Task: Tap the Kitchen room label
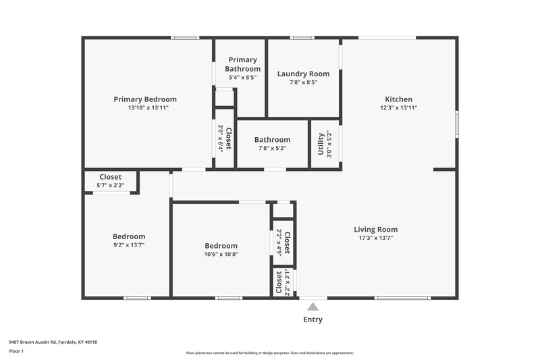coord(398,99)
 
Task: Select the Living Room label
coord(376,229)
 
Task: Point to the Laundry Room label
coord(303,74)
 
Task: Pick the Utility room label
coord(321,143)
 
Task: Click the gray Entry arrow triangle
coord(313,307)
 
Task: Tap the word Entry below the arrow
coord(313,319)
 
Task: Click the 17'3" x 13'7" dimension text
coord(376,238)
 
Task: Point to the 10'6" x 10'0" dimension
coord(221,254)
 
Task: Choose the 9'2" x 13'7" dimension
coord(128,245)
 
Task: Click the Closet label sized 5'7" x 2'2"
coord(111,177)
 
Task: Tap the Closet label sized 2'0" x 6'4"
coord(229,138)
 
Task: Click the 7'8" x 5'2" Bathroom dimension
coord(272,149)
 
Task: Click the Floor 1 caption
coord(16,351)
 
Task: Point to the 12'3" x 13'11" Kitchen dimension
coord(398,108)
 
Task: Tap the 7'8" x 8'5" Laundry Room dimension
coord(303,82)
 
